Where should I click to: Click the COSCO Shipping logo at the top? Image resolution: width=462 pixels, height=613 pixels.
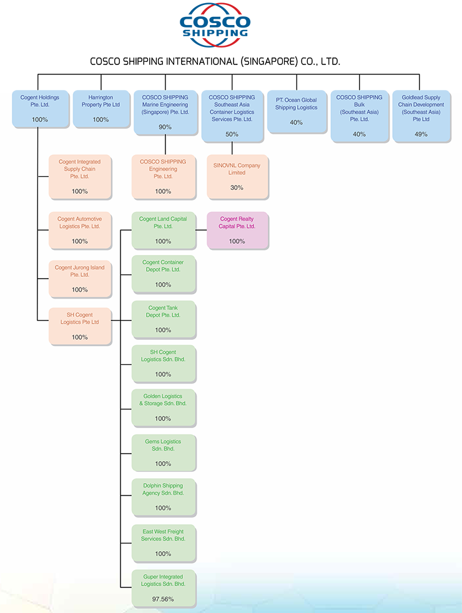coord(214,26)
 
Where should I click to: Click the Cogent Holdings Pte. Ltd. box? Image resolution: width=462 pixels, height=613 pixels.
coord(40,109)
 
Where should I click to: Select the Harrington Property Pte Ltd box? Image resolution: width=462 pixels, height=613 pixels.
coord(101,109)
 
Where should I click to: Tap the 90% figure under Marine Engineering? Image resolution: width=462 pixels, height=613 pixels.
coord(165,127)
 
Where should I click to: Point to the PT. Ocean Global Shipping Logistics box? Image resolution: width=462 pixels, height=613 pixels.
coord(297,111)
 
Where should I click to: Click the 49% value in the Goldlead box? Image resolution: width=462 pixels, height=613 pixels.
coord(421,134)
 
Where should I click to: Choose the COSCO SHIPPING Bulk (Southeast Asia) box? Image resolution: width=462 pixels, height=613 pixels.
coord(359,116)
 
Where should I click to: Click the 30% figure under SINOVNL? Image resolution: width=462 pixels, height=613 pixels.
coord(237,187)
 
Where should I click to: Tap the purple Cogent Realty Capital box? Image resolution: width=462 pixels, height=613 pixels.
coord(237,231)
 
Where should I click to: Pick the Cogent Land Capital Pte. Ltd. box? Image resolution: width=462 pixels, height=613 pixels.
coord(164,231)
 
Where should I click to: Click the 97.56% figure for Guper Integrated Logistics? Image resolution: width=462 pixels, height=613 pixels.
coord(163,599)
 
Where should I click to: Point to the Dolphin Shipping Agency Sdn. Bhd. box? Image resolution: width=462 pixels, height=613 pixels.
coord(164,497)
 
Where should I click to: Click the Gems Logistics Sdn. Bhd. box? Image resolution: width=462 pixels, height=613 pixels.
coord(164,452)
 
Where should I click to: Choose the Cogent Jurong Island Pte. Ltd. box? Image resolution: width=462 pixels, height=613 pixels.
coord(80,278)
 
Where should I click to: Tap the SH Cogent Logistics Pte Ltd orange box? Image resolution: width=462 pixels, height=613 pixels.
coord(80,326)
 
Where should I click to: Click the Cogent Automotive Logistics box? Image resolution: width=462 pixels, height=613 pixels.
coord(80,230)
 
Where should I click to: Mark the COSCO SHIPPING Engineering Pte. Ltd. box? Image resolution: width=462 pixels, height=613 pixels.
coord(164,177)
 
